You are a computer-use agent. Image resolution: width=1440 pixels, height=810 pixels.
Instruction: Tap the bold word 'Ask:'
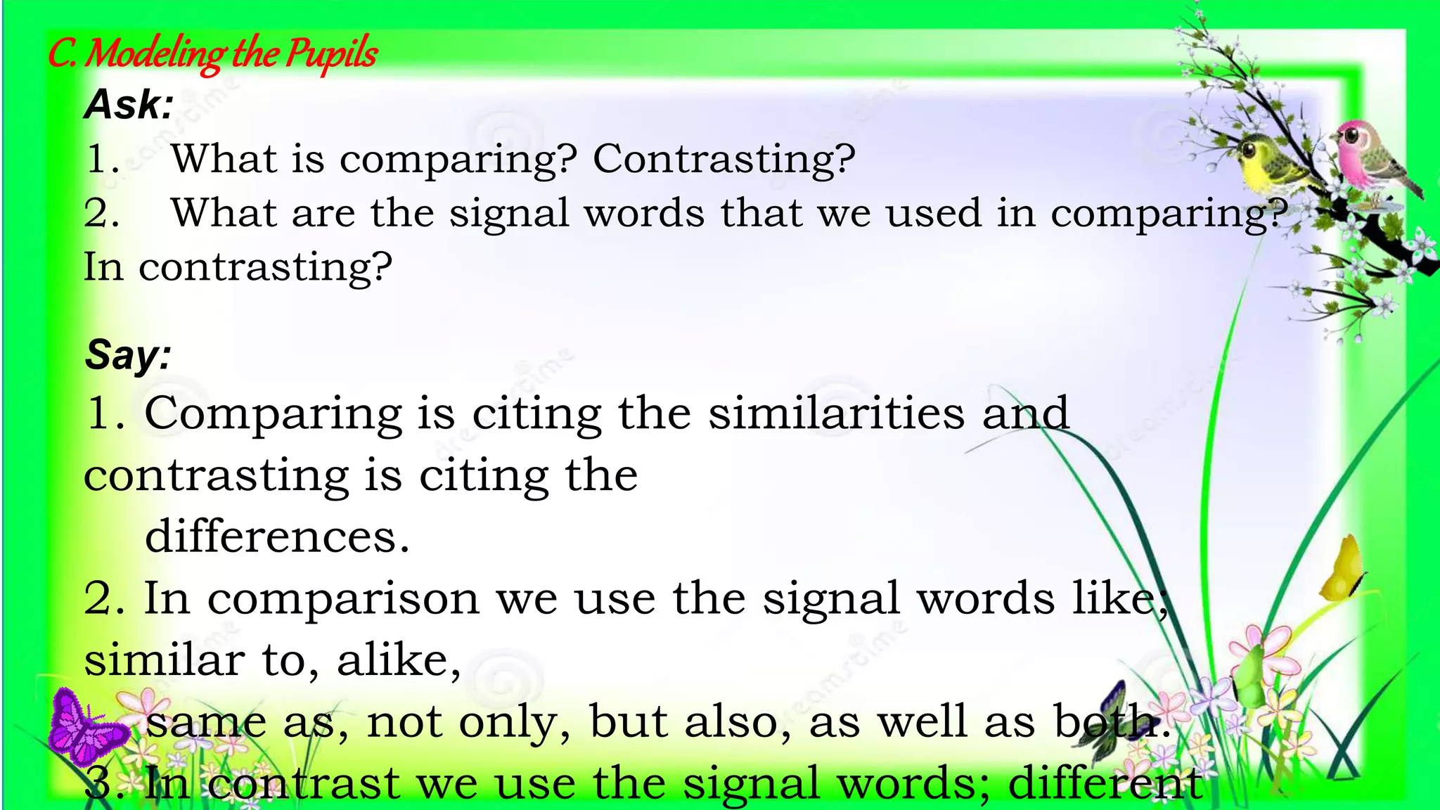[129, 105]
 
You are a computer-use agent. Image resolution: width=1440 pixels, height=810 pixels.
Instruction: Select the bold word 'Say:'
[128, 354]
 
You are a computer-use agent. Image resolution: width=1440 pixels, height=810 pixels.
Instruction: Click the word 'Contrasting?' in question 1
[724, 159]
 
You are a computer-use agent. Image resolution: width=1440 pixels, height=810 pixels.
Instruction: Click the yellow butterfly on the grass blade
[1343, 569]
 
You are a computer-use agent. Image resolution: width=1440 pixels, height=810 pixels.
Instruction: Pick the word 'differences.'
[277, 536]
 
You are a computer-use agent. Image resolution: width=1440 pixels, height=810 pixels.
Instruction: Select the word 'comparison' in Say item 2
[343, 600]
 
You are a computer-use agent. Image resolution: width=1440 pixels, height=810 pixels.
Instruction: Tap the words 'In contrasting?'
[238, 268]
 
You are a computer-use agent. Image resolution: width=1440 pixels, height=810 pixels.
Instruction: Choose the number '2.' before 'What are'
[101, 213]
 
